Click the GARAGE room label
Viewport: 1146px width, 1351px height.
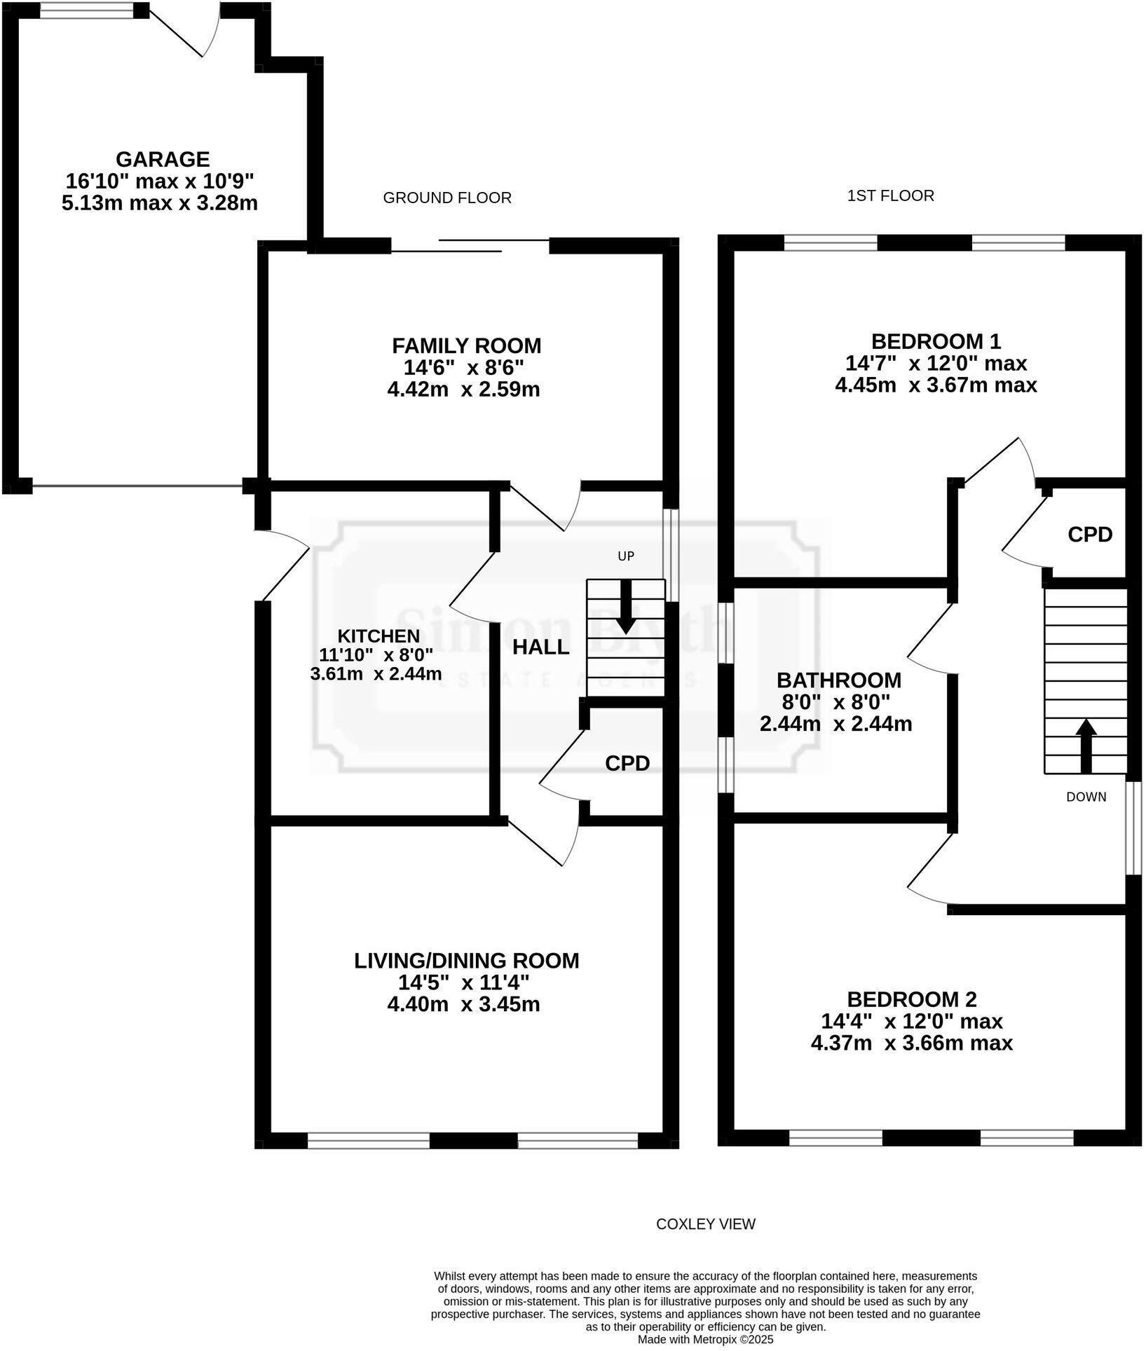point(162,160)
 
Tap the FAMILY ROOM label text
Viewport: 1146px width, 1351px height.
point(466,345)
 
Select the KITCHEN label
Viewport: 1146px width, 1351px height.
point(378,636)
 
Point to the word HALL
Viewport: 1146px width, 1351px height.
point(540,647)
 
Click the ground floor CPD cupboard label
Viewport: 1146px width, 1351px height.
point(627,763)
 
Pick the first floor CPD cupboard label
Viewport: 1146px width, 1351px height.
point(1089,535)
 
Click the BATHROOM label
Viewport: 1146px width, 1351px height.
point(838,680)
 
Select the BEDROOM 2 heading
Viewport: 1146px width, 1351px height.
point(911,999)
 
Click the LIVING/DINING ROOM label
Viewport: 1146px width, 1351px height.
point(466,961)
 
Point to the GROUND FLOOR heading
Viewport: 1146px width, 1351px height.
point(446,198)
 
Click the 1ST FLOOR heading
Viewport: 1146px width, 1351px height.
point(890,196)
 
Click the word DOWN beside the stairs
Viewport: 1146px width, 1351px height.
point(1086,797)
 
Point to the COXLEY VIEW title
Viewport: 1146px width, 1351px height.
point(705,1224)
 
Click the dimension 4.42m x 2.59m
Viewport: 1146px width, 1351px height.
point(463,390)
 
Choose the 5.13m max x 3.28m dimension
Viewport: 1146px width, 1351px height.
point(159,204)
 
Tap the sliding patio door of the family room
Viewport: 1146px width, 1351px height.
point(470,245)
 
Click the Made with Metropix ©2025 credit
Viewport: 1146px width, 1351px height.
point(705,1339)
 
